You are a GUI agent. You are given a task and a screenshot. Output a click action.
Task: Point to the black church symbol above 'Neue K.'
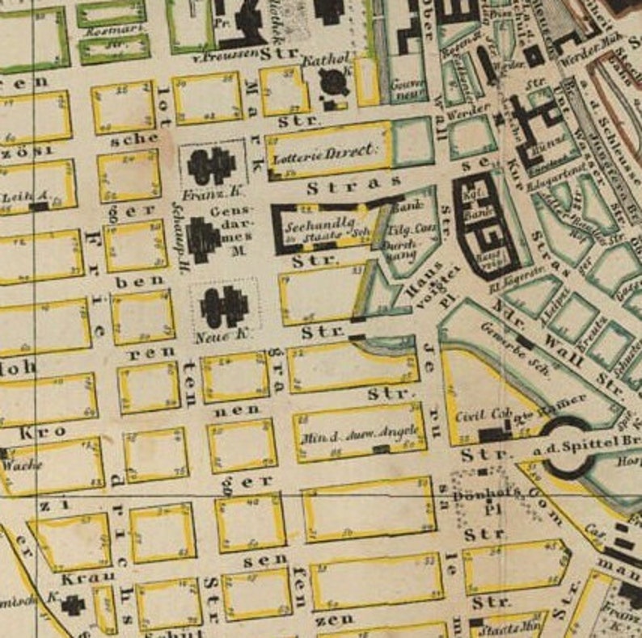click(x=223, y=306)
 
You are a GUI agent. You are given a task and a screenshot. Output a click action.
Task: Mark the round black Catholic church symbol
click(x=332, y=82)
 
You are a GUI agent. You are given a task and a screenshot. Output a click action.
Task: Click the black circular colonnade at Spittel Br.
click(x=572, y=443)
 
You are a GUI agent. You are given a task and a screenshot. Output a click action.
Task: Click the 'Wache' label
click(x=22, y=466)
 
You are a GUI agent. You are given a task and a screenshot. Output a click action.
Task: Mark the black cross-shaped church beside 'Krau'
click(x=74, y=604)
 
